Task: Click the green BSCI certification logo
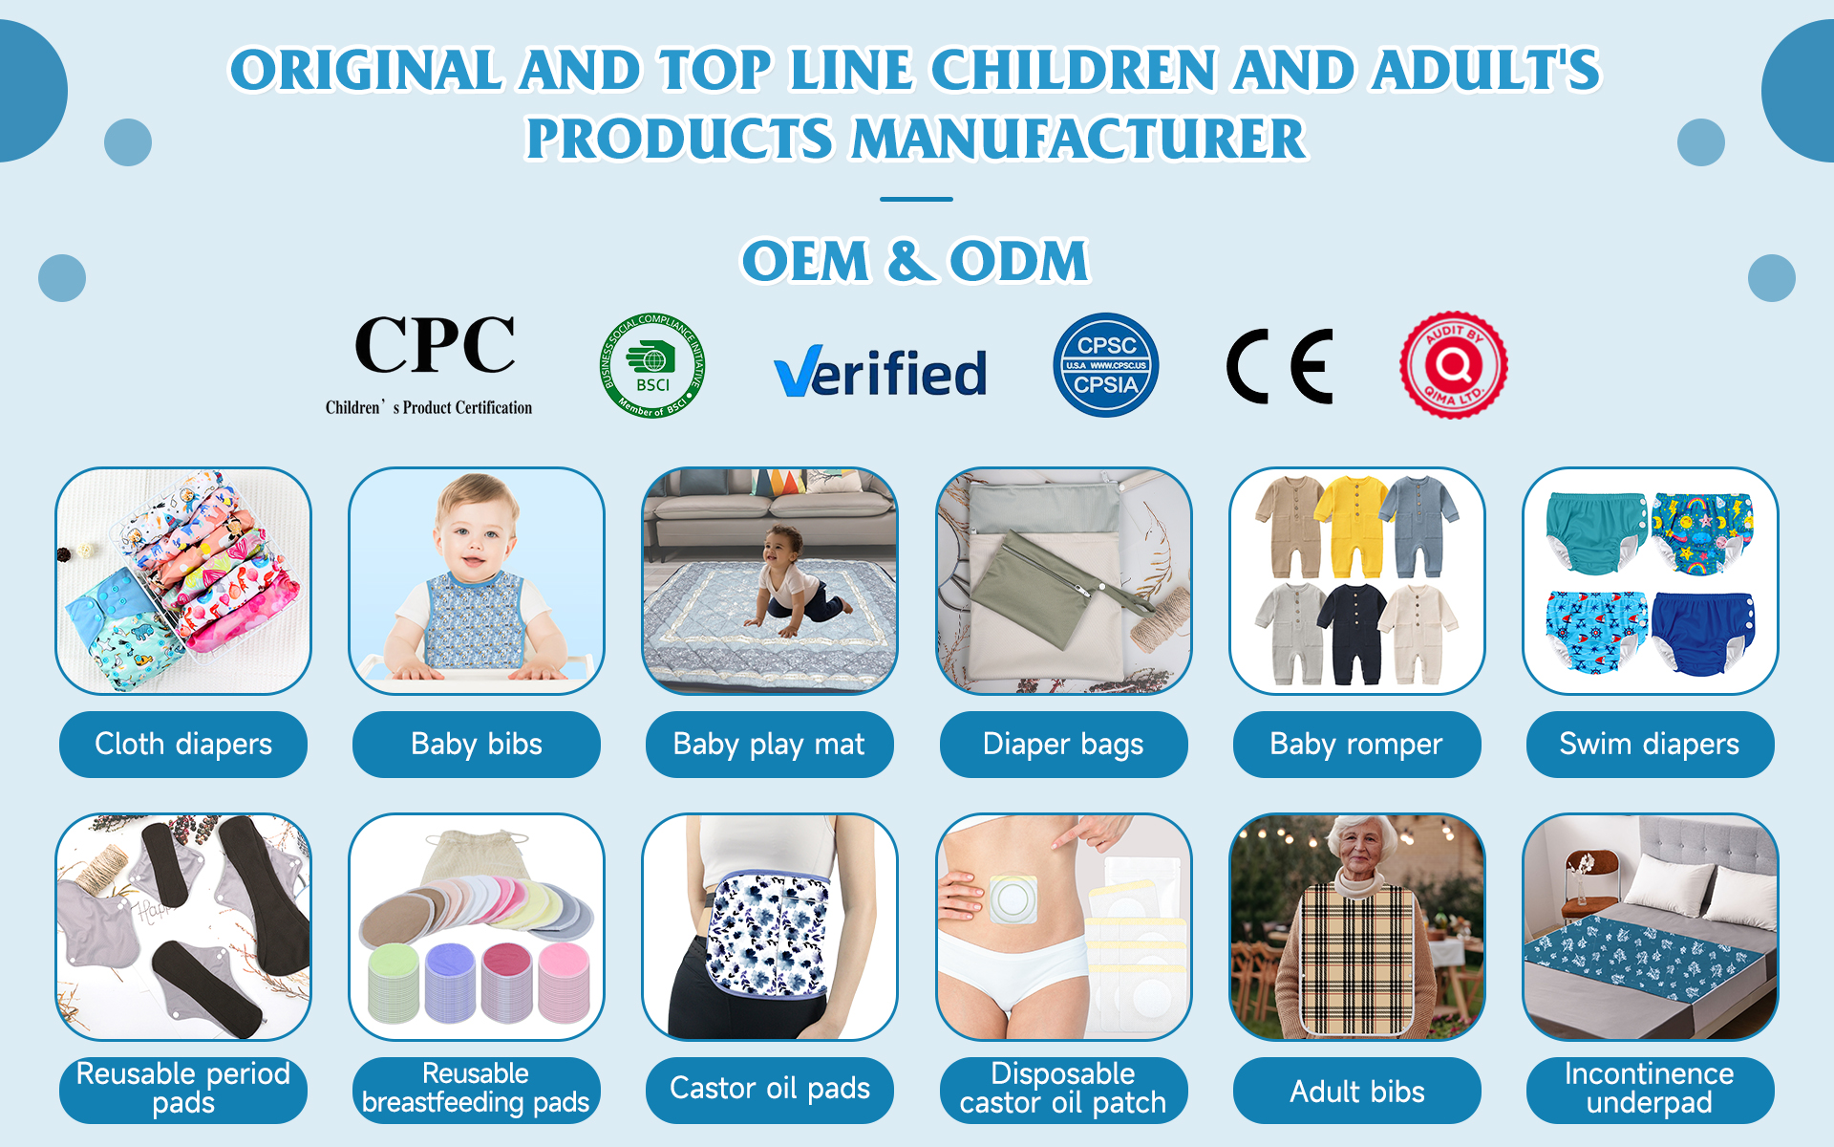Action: (652, 366)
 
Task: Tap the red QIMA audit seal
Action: (1454, 364)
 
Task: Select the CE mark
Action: (1279, 366)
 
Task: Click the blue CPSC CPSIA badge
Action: (1106, 365)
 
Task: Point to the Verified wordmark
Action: (880, 372)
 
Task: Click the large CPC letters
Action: (435, 345)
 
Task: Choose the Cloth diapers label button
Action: (183, 744)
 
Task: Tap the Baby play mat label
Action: (769, 744)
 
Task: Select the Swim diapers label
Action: (1650, 744)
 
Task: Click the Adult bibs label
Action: (1356, 1091)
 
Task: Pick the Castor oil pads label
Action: (769, 1089)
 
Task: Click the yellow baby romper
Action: (1350, 526)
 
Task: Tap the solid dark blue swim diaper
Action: (1703, 632)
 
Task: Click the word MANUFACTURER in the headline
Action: (1077, 139)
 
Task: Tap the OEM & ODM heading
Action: (915, 261)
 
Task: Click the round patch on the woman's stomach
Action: (1013, 898)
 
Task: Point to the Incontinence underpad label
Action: (1650, 1089)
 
